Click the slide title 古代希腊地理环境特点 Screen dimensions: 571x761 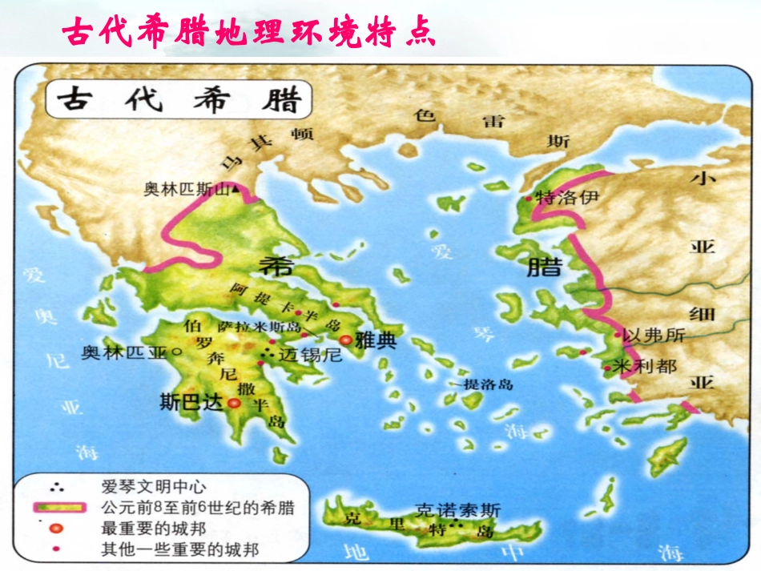pyautogui.click(x=249, y=33)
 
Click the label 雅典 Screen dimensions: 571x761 pyautogui.click(x=376, y=340)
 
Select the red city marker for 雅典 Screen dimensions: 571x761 pyautogui.click(x=346, y=340)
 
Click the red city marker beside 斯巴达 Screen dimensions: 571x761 pyautogui.click(x=234, y=404)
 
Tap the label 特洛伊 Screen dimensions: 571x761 pyautogui.click(x=566, y=197)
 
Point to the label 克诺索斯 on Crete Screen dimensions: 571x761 pyautogui.click(x=457, y=509)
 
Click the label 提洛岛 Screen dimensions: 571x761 pyautogui.click(x=489, y=384)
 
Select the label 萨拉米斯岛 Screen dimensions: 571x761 pyautogui.click(x=257, y=327)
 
